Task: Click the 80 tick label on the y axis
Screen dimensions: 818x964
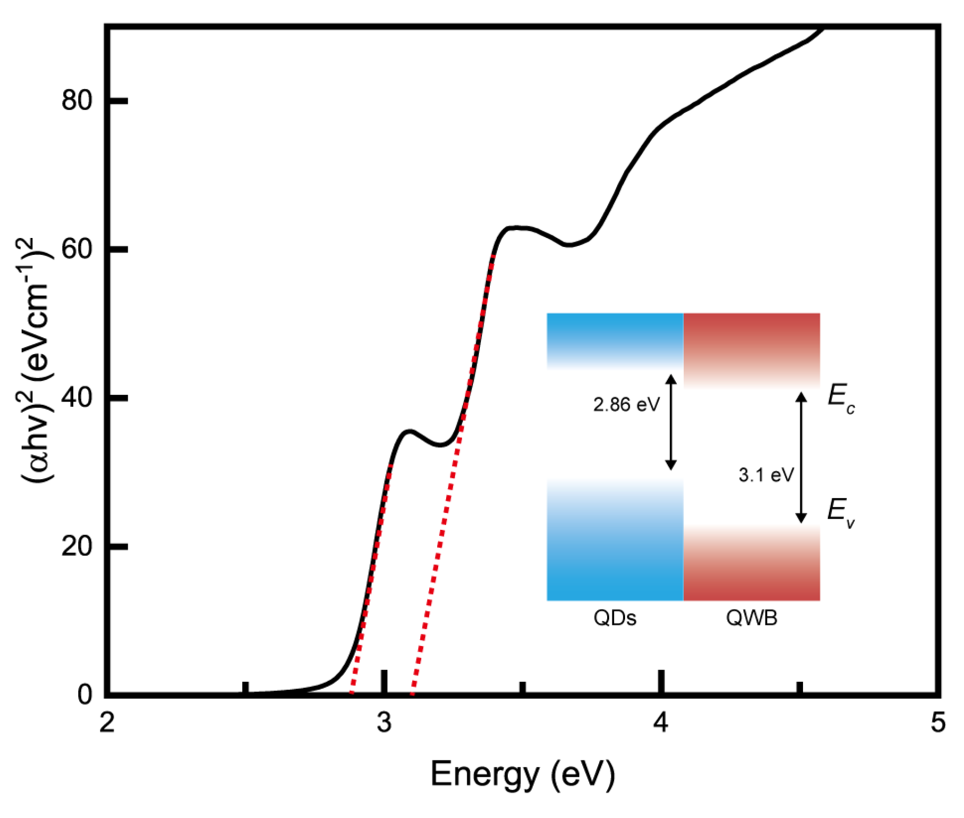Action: pos(77,100)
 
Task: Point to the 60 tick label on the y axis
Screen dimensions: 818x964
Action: pos(77,249)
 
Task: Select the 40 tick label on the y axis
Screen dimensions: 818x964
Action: pos(77,398)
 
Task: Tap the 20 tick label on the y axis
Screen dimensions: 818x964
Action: pos(77,546)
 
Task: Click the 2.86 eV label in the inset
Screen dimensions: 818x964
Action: pos(626,405)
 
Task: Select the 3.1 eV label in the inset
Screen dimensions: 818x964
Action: pos(765,475)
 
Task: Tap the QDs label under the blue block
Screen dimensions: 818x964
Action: pos(615,618)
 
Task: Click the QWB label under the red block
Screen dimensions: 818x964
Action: pos(752,618)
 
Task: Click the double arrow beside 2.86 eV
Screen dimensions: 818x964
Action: pos(670,422)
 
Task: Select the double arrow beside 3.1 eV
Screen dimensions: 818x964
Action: pos(801,458)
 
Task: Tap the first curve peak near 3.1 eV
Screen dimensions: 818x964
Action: pos(409,431)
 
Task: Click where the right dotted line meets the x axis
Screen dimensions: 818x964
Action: pos(413,693)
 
